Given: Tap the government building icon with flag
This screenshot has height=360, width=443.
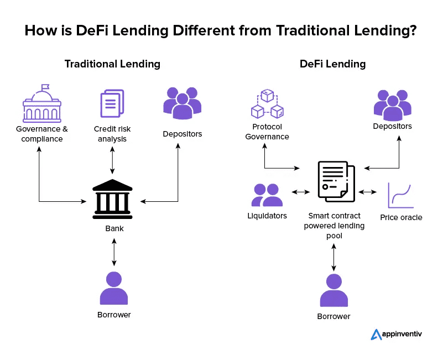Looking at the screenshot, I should [x=42, y=105].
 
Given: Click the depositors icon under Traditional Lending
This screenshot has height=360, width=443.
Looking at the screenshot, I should [x=182, y=103].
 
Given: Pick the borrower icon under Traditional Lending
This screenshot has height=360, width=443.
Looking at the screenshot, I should [x=114, y=288].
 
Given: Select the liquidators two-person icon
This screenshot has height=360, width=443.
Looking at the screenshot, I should [x=267, y=195].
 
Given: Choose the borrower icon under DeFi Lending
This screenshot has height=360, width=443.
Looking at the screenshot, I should [x=334, y=290].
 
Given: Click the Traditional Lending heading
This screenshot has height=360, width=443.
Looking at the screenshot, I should [x=112, y=64].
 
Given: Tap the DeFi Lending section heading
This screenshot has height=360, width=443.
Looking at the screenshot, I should [x=332, y=64].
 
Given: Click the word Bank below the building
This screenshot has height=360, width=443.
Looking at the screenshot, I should [x=114, y=228].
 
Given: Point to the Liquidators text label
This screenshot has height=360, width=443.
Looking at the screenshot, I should [x=267, y=216].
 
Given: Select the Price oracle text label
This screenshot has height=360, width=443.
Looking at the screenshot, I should [x=401, y=217].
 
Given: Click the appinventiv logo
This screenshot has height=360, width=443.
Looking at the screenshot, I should [x=397, y=335].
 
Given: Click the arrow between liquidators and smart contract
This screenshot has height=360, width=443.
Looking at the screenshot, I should [x=300, y=192].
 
